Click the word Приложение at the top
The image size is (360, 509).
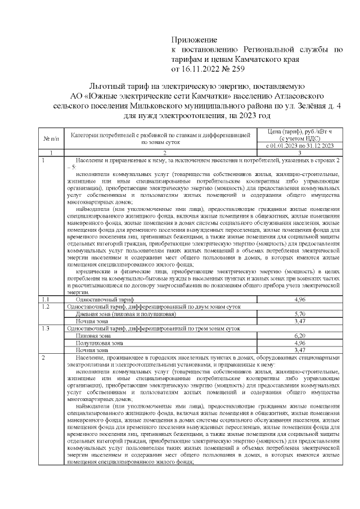tap(193, 41)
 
